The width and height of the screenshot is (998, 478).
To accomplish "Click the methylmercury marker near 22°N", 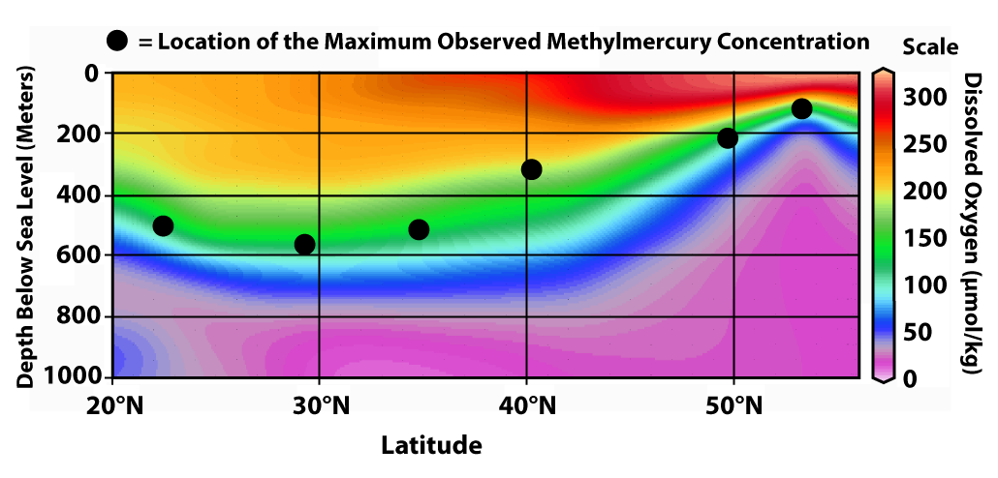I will (x=163, y=225).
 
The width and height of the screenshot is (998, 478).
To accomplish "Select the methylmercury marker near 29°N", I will (x=304, y=244).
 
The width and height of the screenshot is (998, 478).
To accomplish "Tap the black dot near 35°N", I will (x=419, y=229).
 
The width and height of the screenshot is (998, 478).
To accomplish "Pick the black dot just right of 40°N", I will (x=531, y=169).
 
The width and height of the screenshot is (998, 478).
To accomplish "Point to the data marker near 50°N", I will (x=728, y=138).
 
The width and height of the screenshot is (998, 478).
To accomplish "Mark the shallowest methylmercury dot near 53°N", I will (x=801, y=108).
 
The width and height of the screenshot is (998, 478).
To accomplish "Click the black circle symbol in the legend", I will (x=117, y=42).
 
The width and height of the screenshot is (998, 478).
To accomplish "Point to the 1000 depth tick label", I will (x=78, y=376).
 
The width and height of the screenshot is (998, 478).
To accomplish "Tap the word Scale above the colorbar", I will (x=929, y=46).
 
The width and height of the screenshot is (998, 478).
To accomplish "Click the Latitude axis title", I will (x=430, y=445).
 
